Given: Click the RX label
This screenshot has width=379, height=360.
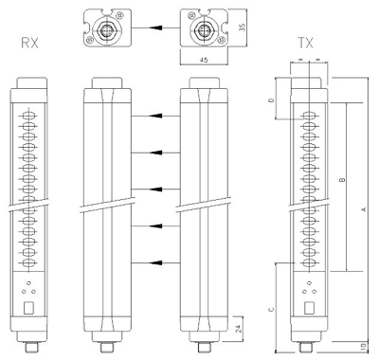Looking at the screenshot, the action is coord(29,43).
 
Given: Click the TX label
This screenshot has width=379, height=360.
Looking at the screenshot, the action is coord(306,43).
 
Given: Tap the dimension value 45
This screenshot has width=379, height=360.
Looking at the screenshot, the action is coord(204,60).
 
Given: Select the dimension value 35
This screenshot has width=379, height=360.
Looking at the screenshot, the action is coord(242,27).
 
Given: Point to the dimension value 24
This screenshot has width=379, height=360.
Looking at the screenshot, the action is coord(239,329).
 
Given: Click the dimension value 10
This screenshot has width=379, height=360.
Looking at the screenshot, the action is coord(364,347).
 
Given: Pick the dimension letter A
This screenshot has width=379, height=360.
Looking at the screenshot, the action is coord(364,209).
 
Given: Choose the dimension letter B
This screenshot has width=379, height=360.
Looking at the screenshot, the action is coord(342,180).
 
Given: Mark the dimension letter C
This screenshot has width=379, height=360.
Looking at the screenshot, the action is coord(271,309).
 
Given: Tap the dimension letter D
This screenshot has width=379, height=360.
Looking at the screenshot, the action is coord(271,100).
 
